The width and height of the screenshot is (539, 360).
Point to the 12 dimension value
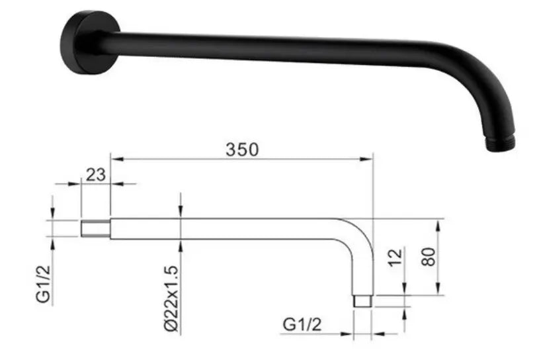click(x=395, y=257)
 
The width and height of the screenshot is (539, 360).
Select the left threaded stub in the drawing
click(x=95, y=228)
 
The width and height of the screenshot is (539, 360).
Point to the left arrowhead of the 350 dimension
click(x=114, y=159)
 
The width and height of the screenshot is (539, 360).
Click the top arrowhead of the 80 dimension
click(x=437, y=222)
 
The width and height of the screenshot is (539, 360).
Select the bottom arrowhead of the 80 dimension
click(x=437, y=291)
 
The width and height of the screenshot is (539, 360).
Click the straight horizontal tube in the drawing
click(x=225, y=228)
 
